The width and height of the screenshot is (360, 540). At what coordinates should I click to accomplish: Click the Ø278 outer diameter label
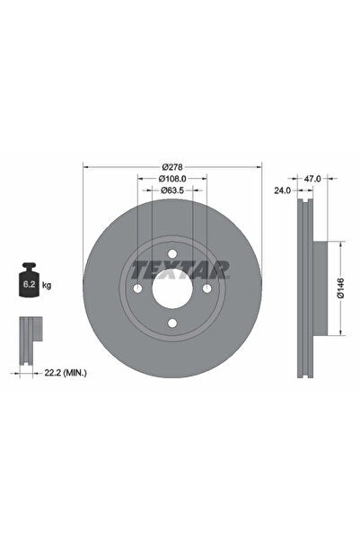point(173,167)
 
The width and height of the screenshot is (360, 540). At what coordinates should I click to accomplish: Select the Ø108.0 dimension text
point(173,179)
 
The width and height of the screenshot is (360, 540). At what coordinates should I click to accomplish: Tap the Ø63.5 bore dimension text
point(173,190)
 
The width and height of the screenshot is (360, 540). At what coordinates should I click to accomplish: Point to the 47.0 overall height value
point(312,180)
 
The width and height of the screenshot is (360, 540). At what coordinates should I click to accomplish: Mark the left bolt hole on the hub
point(138,288)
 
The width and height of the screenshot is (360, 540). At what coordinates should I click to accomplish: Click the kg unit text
point(47,285)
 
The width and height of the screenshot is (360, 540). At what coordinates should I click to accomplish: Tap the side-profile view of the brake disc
point(303,288)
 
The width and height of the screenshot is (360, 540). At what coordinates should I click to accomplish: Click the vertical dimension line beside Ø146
point(340,288)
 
